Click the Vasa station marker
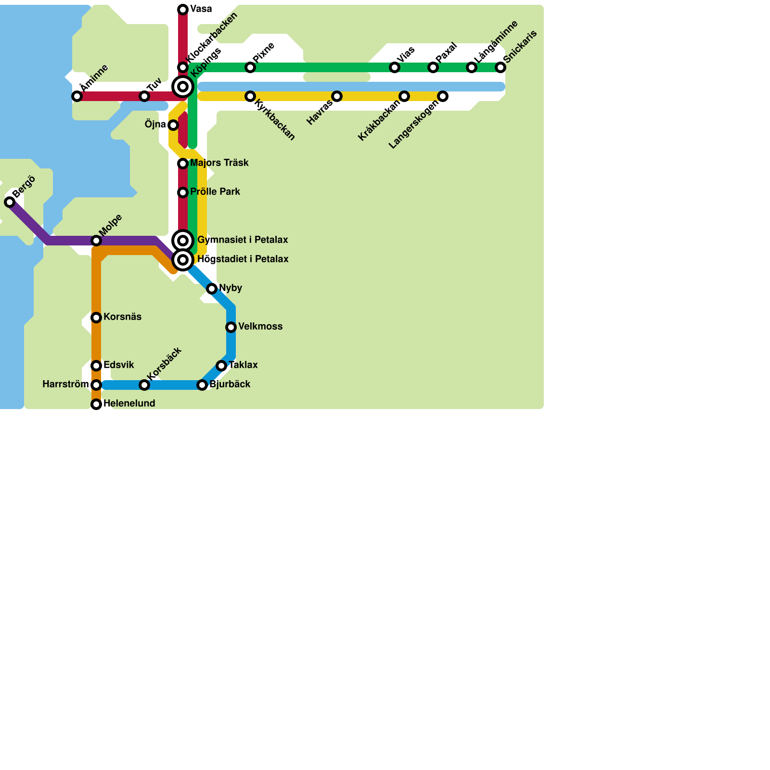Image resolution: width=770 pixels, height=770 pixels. click(x=183, y=10)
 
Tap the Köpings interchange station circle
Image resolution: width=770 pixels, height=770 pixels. click(x=183, y=87)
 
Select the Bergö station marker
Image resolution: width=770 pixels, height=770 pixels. click(x=10, y=202)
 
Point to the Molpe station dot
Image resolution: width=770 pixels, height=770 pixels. click(x=96, y=241)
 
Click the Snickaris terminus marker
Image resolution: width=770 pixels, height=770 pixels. click(x=500, y=67)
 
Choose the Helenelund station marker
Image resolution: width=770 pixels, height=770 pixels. click(x=96, y=404)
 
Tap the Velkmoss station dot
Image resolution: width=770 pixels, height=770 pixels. click(x=231, y=327)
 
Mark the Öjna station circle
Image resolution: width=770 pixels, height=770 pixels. click(x=173, y=125)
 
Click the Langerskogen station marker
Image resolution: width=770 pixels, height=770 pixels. click(x=443, y=96)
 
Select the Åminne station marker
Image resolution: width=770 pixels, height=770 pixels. click(x=77, y=96)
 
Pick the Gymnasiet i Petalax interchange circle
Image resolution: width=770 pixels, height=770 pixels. click(x=183, y=241)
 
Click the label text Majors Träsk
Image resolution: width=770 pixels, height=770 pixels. click(x=219, y=163)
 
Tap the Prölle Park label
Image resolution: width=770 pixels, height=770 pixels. click(x=215, y=192)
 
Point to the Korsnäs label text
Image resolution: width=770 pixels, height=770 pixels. click(x=122, y=317)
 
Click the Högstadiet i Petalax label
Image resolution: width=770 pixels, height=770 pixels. click(x=243, y=259)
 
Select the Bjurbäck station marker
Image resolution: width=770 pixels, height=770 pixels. click(x=202, y=385)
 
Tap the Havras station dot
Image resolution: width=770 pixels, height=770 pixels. click(x=337, y=96)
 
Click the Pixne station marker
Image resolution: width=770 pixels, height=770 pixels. click(x=250, y=67)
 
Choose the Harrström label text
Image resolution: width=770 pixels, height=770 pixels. click(x=65, y=385)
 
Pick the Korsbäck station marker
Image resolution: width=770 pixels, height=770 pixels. click(x=144, y=385)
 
